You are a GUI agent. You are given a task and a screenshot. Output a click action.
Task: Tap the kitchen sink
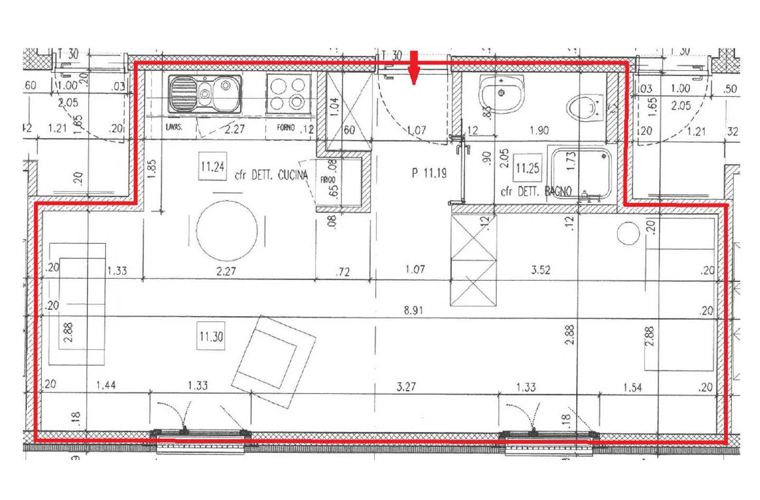tap(205, 94)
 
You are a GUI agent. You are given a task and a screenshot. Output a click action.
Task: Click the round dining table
tap(227, 230)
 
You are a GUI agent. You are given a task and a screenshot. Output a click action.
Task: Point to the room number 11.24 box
tap(212, 167)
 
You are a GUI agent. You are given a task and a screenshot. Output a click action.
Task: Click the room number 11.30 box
tap(211, 336)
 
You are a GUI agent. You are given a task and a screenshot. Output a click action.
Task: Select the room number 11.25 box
tap(527, 168)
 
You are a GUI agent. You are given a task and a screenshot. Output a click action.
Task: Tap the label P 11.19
tap(429, 172)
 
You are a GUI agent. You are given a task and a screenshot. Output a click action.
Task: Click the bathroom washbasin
tap(501, 93)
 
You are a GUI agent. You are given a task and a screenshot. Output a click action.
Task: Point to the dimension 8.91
tap(413, 310)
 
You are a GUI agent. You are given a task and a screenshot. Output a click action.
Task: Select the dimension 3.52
tap(540, 270)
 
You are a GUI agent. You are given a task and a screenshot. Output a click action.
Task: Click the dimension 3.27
tap(406, 387)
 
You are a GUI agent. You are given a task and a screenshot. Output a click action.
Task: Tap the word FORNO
tap(286, 128)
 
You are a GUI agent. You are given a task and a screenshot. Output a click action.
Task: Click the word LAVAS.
tap(174, 127)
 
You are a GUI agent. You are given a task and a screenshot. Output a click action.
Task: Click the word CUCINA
tap(292, 175)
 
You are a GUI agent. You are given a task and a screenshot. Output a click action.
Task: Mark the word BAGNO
tap(558, 191)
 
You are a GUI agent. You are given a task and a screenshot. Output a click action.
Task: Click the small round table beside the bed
tap(628, 233)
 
